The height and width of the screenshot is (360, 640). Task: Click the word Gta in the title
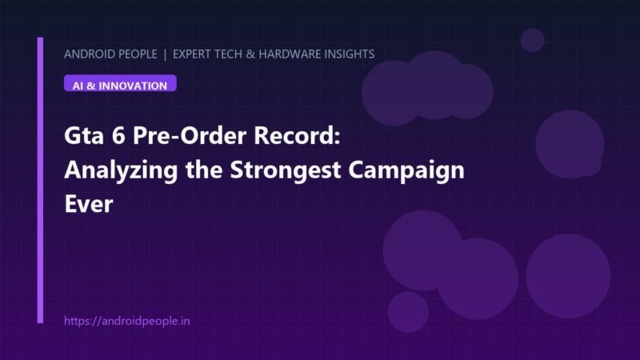coord(84,135)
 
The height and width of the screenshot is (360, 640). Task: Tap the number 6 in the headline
coord(118,135)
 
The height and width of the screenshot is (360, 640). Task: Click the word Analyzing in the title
coord(122,170)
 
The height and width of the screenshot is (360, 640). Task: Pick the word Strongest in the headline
coord(286,170)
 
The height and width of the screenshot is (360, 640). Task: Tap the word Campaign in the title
coord(406,170)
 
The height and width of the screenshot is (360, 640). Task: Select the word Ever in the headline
coord(89,204)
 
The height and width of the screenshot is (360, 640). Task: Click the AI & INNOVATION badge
coord(120,83)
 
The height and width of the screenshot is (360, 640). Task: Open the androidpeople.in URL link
coord(127,321)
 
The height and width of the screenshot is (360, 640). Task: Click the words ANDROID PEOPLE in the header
coord(110,54)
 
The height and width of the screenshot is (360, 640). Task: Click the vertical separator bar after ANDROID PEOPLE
coord(165,54)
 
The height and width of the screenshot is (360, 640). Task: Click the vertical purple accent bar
coord(40,181)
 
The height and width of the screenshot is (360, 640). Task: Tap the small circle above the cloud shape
coord(532,40)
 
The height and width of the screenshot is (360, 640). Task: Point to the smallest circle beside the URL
coord(408,312)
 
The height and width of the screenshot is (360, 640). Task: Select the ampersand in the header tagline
coord(250,54)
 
